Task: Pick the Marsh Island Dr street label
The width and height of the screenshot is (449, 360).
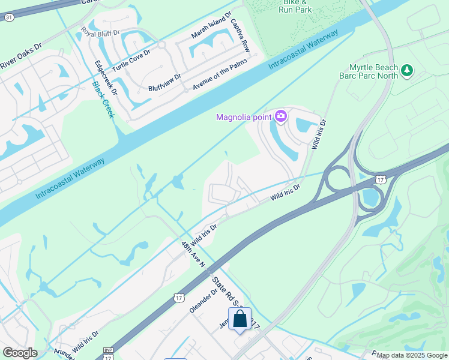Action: click(211, 28)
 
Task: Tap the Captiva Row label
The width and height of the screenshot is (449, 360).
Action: click(240, 35)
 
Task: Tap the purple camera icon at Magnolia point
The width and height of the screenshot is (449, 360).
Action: click(280, 116)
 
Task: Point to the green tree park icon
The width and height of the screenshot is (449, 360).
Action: click(408, 71)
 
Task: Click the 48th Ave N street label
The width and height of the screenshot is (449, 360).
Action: click(193, 254)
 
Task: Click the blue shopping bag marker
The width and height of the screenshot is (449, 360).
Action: click(240, 320)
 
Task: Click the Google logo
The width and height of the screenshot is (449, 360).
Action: click(20, 353)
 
